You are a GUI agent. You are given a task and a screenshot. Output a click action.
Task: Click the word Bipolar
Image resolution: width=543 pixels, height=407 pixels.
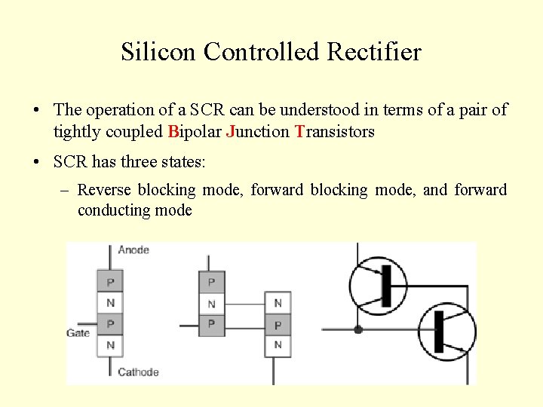point(195,132)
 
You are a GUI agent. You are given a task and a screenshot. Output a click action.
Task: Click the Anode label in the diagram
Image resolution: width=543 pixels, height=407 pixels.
point(133,249)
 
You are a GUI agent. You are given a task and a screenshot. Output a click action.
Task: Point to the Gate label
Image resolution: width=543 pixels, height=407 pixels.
point(78,333)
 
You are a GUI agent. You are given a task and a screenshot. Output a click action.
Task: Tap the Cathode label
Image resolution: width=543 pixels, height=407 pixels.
point(138,372)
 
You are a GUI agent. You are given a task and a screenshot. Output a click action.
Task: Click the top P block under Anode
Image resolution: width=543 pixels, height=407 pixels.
point(110,283)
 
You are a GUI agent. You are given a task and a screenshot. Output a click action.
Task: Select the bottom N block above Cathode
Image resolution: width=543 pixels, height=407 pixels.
point(110,345)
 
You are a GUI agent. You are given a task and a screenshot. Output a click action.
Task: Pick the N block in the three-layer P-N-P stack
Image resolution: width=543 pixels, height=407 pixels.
point(211,304)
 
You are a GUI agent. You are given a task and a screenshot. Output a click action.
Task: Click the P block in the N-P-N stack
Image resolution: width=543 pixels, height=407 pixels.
point(278,325)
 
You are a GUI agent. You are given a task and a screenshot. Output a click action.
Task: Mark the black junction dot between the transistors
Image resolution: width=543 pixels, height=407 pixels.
point(358,329)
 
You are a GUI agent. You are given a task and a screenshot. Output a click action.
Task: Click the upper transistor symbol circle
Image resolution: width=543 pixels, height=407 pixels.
point(378,286)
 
